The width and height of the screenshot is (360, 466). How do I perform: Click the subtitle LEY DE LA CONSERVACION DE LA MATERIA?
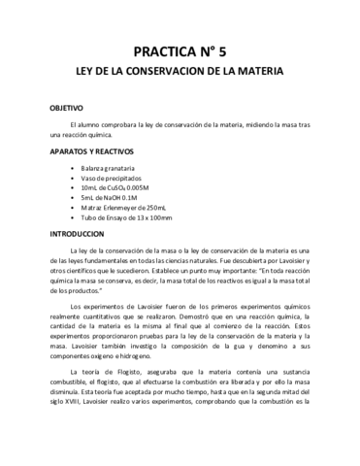click(180, 73)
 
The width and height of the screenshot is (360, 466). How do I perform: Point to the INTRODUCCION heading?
click(77, 235)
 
